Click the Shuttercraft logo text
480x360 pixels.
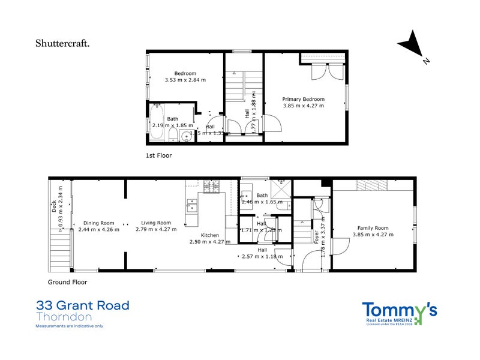click(63, 43)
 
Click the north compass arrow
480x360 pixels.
click(411, 46)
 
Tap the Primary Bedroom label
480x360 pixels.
click(304, 99)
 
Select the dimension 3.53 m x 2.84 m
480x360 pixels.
click(185, 80)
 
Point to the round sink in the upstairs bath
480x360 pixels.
click(187, 136)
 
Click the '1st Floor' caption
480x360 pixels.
click(159, 155)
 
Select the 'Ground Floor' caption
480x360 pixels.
click(67, 281)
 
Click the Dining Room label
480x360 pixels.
click(99, 223)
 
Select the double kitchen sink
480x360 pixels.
click(191, 205)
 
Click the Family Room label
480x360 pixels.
click(373, 228)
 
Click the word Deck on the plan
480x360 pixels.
click(53, 207)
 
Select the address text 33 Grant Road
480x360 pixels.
click(82, 305)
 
